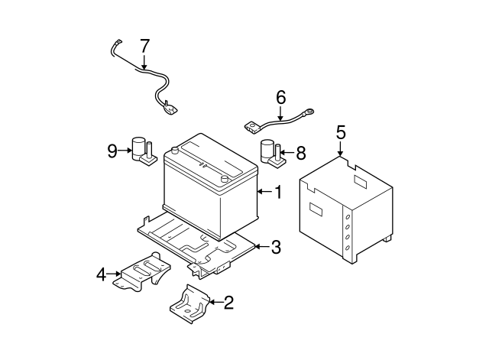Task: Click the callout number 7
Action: (x=144, y=46)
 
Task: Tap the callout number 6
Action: (x=280, y=97)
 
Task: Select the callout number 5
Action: (x=341, y=132)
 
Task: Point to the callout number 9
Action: (x=112, y=151)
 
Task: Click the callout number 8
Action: (x=300, y=153)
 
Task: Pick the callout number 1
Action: (x=278, y=192)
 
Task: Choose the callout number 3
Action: (x=276, y=247)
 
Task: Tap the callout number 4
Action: (x=101, y=275)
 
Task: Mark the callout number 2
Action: (x=228, y=302)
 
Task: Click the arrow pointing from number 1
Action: (x=264, y=192)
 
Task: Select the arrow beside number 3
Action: (x=261, y=247)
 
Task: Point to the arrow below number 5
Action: (x=340, y=149)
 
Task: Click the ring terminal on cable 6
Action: (x=309, y=112)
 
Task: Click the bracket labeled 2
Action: (x=189, y=304)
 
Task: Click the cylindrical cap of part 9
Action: (x=138, y=148)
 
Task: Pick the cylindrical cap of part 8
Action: (x=267, y=151)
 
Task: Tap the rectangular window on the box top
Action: (x=360, y=182)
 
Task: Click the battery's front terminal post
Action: (x=224, y=179)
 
